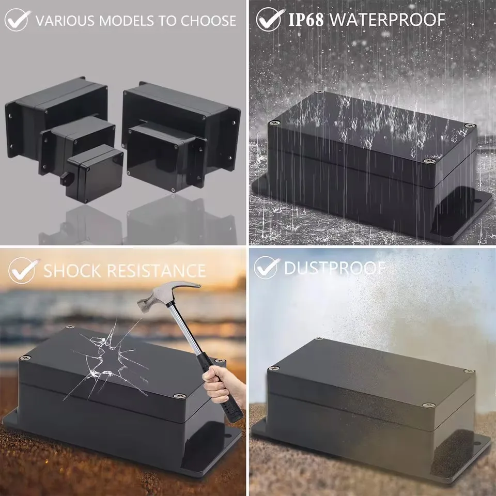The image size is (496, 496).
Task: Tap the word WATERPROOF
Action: tap(387, 20)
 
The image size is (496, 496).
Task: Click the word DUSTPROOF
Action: tap(334, 268)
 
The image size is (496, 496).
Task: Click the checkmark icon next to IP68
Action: tap(269, 19)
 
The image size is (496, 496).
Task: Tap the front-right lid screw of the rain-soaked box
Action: tap(428, 162)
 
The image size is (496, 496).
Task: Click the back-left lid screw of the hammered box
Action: tap(24, 357)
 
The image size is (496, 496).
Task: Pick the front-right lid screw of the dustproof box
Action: tap(427, 405)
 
